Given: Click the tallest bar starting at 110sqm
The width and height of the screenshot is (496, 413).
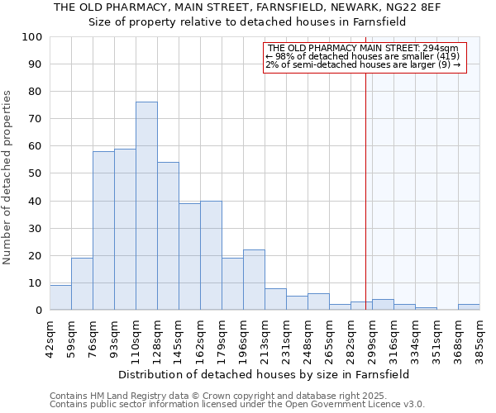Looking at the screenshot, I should pyautogui.click(x=146, y=206).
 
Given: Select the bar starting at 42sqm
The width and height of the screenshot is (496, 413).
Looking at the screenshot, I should pyautogui.click(x=60, y=297).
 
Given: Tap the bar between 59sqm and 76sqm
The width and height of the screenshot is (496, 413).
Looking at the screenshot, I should pyautogui.click(x=82, y=284).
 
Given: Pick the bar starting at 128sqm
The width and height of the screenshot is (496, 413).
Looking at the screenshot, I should pyautogui.click(x=168, y=236).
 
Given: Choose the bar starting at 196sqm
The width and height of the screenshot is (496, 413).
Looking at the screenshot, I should pyautogui.click(x=254, y=280).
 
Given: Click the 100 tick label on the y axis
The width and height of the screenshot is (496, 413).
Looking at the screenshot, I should pyautogui.click(x=31, y=37).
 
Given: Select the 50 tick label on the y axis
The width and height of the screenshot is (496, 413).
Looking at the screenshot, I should pyautogui.click(x=35, y=173).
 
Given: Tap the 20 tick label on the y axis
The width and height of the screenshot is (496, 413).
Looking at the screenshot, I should pyautogui.click(x=35, y=255).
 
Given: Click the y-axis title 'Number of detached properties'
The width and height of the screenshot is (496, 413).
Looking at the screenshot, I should pyautogui.click(x=8, y=178).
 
